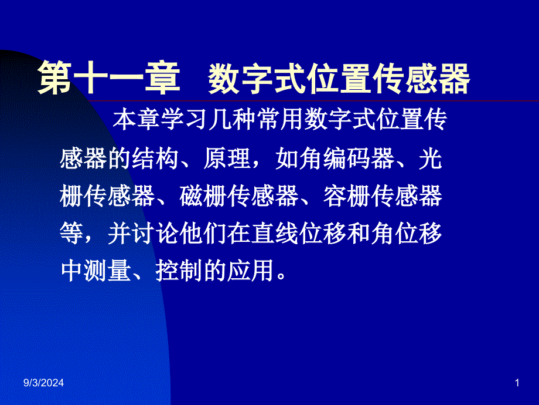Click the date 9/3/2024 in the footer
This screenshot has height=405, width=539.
[x=44, y=383]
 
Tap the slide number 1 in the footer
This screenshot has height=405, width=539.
[x=517, y=383]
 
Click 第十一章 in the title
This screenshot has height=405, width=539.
[x=109, y=78]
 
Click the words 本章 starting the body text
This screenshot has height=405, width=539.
[x=137, y=119]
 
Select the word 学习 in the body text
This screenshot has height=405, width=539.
[x=184, y=119]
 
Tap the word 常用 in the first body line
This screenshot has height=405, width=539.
[x=280, y=119]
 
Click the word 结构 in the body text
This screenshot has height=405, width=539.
[x=155, y=158]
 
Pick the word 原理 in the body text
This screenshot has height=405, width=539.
[x=227, y=158]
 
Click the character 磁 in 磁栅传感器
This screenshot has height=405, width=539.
[x=191, y=196]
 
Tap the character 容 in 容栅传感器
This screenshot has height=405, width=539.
[x=335, y=196]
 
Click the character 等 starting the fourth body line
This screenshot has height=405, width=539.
[x=71, y=234]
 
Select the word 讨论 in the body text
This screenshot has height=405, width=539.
[x=155, y=234]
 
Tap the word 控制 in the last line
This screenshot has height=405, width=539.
[x=179, y=271]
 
